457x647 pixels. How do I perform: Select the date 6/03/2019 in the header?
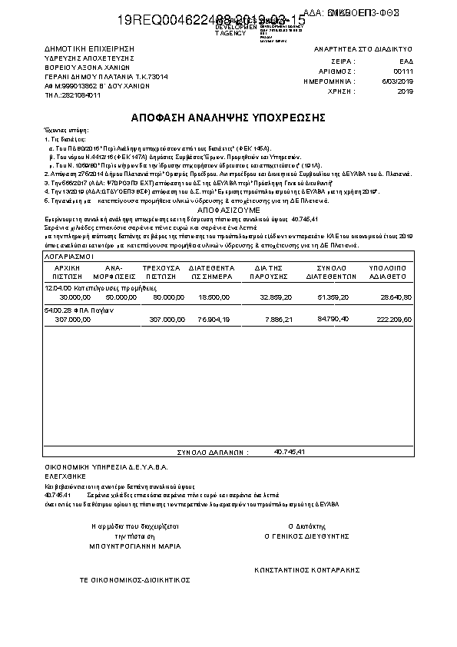(x=401, y=81)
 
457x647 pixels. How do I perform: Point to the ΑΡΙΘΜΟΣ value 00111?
(x=403, y=70)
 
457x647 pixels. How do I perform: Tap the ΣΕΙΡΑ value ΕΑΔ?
(x=406, y=60)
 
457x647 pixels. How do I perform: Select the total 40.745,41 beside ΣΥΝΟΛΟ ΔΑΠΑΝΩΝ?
(x=290, y=452)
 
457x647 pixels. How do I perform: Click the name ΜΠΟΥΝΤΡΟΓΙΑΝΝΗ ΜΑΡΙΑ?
(x=134, y=546)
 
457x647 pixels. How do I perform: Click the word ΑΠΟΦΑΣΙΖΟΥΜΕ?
(x=229, y=209)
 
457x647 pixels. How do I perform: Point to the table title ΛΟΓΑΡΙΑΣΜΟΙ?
(x=69, y=254)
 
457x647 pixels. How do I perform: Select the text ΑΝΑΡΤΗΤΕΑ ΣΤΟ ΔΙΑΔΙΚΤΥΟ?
(x=364, y=49)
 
